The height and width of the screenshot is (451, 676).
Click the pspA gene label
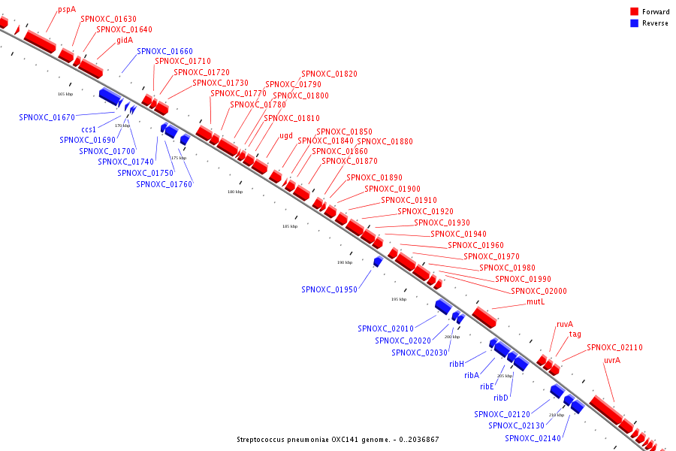click(66, 10)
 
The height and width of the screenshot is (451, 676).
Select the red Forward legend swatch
click(635, 12)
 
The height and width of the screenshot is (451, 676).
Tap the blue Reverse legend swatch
click(635, 23)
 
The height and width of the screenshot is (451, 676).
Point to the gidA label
click(125, 41)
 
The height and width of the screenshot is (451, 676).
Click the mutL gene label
click(536, 302)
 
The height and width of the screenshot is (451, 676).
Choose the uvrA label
click(612, 360)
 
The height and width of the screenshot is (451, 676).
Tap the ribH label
click(457, 364)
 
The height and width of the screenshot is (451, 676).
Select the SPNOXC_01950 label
click(329, 289)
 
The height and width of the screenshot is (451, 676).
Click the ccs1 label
click(89, 129)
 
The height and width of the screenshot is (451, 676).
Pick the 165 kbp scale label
click(65, 94)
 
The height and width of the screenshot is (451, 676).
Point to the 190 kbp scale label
click(345, 262)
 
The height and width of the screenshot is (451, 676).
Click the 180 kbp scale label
click(235, 192)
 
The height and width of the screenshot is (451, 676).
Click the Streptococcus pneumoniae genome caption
click(337, 439)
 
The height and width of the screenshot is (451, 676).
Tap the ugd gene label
click(285, 136)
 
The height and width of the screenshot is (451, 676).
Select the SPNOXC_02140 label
click(533, 438)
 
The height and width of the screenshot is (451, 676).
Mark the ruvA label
click(565, 324)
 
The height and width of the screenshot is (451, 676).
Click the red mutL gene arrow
click(484, 316)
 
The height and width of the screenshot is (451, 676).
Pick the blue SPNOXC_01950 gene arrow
click(378, 262)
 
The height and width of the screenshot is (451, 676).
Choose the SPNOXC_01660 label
click(164, 51)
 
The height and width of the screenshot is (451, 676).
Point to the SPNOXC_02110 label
click(614, 347)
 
